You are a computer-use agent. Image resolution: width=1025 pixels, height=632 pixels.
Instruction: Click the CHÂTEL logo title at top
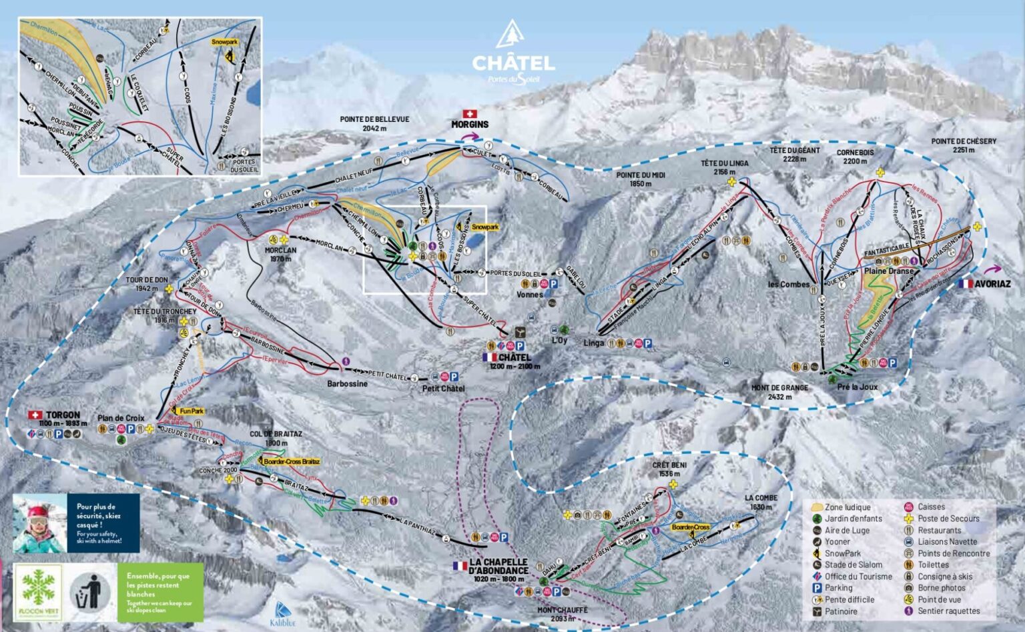pos(513,63)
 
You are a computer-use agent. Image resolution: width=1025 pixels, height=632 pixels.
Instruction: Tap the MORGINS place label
pos(470,124)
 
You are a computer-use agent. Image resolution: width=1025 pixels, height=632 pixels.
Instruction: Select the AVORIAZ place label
pos(992,283)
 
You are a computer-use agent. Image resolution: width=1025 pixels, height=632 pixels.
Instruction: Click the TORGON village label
pos(63,415)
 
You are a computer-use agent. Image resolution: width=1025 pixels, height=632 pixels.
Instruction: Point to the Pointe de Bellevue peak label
pos(374,124)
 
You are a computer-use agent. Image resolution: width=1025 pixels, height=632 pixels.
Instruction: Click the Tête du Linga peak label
pos(724,167)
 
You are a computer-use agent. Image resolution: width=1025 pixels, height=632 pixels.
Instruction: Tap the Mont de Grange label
pos(779,392)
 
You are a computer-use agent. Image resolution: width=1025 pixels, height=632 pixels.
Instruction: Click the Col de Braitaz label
pos(276,438)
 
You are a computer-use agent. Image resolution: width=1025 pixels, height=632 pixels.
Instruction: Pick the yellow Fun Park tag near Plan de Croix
pos(192,411)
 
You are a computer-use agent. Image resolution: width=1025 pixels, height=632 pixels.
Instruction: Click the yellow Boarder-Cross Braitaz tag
pos(291,461)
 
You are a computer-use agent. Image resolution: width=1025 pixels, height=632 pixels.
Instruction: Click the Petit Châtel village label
pos(443,389)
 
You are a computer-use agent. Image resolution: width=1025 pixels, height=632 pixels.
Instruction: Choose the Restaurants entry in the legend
pos(939,530)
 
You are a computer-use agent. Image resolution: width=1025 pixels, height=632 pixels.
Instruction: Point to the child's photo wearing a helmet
pos(40,523)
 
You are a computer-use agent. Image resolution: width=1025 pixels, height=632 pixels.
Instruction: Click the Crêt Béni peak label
pos(669,469)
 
